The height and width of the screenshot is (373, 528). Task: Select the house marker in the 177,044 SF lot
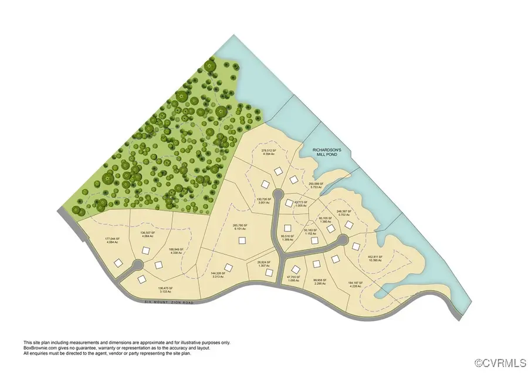[118, 262]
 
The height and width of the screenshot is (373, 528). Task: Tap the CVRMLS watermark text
[499, 364]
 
